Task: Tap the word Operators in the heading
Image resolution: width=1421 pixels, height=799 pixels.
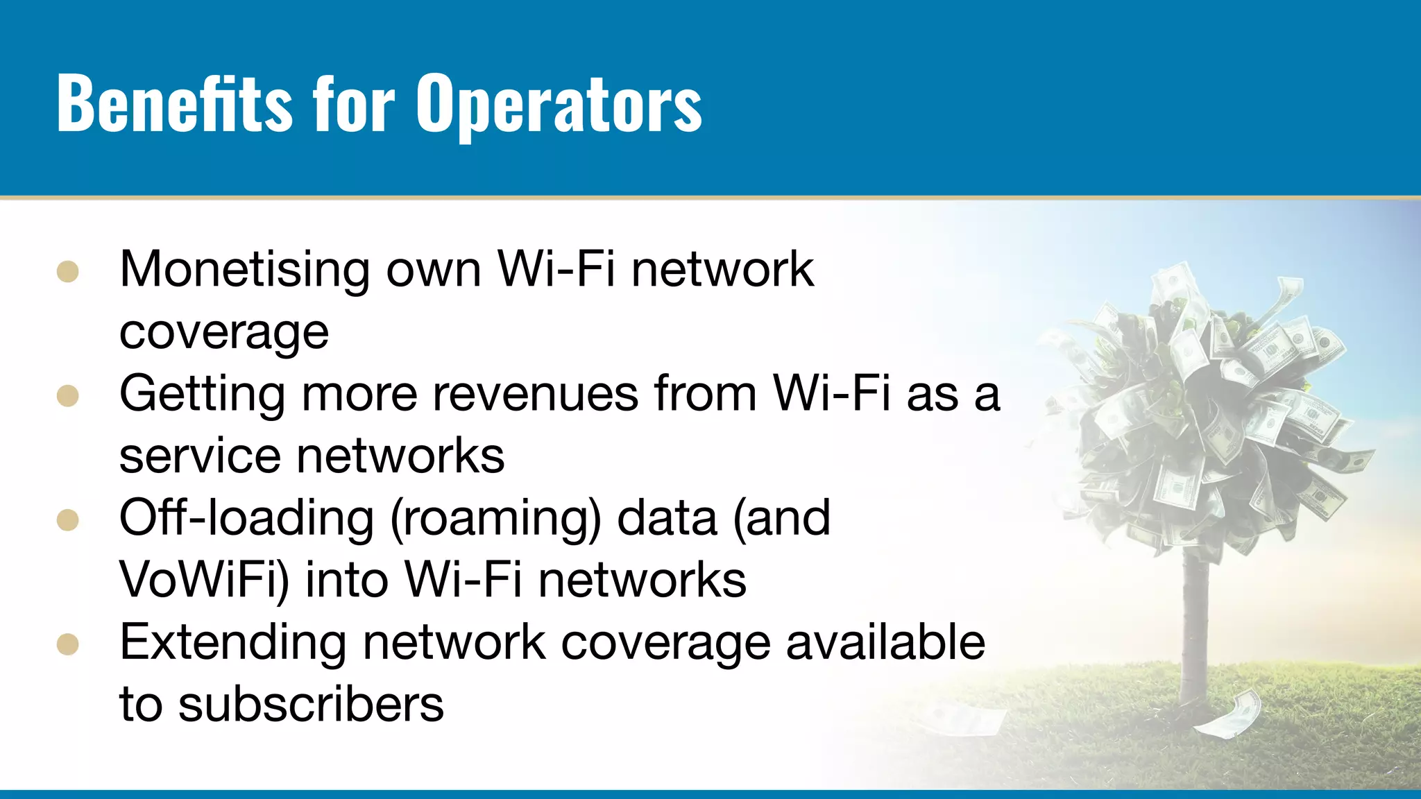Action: pyautogui.click(x=559, y=104)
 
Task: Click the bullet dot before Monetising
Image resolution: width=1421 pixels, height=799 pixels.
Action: pyautogui.click(x=68, y=272)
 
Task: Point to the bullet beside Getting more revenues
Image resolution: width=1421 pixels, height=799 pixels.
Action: pyautogui.click(x=68, y=396)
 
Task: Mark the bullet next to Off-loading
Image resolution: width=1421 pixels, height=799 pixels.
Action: pyautogui.click(x=68, y=520)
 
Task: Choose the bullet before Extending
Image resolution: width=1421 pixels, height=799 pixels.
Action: pyautogui.click(x=68, y=644)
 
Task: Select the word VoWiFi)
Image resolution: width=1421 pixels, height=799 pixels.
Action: pyautogui.click(x=204, y=580)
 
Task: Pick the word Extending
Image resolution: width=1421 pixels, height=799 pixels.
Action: pyautogui.click(x=232, y=642)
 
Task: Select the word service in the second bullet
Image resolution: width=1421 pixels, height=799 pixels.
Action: pyautogui.click(x=200, y=456)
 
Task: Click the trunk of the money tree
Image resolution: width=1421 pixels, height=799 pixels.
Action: pyautogui.click(x=1195, y=624)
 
